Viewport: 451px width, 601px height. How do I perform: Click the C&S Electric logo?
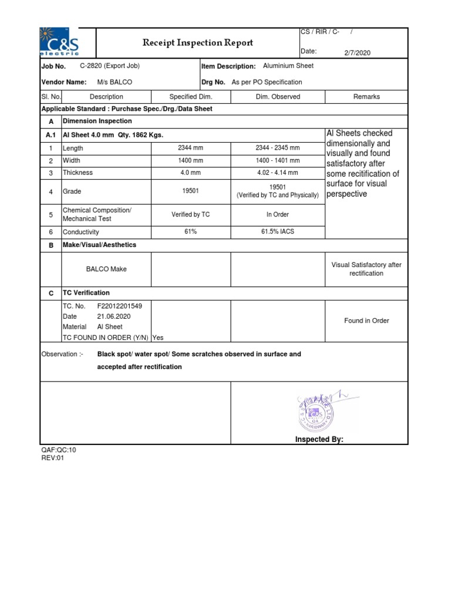tap(59, 43)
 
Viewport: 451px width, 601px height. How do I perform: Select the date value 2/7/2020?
tap(358, 53)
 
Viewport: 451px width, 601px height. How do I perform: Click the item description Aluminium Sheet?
tap(288, 66)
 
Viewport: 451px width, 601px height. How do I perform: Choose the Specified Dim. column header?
tap(190, 97)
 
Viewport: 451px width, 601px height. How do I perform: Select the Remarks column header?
tap(366, 97)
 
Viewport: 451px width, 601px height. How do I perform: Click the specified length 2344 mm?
tap(190, 148)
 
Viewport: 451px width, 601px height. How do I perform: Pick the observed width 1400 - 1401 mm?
tap(278, 160)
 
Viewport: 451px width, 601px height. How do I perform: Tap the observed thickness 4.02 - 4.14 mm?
tap(278, 173)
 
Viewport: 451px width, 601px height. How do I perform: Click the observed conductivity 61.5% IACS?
tap(278, 232)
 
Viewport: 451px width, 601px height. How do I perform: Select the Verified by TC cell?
tap(190, 215)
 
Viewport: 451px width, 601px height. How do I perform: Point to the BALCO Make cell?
tap(106, 269)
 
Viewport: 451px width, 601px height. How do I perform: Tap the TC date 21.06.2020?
tap(114, 316)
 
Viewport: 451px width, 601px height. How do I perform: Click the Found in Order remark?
tap(366, 321)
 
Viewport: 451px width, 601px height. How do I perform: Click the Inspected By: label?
tap(319, 440)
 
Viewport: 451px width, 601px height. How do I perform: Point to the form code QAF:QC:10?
tap(58, 450)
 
